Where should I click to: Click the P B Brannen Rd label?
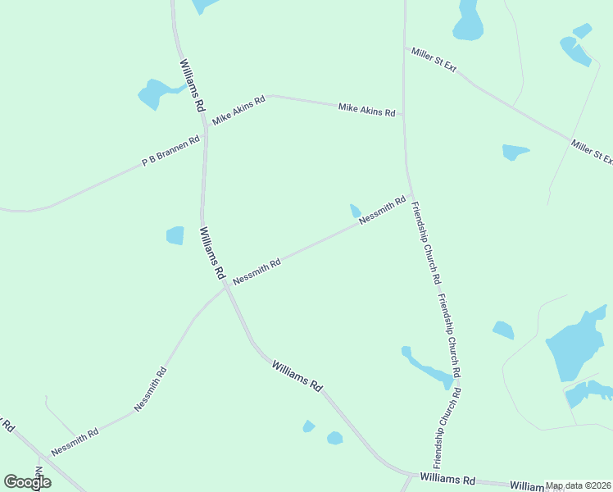pyautogui.click(x=171, y=152)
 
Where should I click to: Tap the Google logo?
pyautogui.click(x=27, y=482)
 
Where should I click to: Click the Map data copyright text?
pyautogui.click(x=579, y=485)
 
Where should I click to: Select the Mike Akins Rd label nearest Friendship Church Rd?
pyautogui.click(x=367, y=108)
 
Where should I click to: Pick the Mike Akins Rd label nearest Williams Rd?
pyautogui.click(x=238, y=111)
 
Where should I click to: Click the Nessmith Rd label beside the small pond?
pyautogui.click(x=383, y=210)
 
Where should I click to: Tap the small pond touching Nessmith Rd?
pyautogui.click(x=356, y=211)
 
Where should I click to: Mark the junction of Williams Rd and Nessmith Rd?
pyautogui.click(x=224, y=286)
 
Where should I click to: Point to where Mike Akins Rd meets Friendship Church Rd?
pyautogui.click(x=404, y=116)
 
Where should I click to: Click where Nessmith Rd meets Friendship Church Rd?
pyautogui.click(x=409, y=194)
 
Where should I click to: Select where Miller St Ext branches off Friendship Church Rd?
pyautogui.click(x=404, y=48)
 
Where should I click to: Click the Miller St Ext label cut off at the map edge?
pyautogui.click(x=593, y=153)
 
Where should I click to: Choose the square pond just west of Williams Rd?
pyautogui.click(x=175, y=235)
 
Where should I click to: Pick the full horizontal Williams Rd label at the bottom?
pyautogui.click(x=447, y=478)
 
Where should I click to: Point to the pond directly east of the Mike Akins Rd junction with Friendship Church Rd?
pyautogui.click(x=515, y=152)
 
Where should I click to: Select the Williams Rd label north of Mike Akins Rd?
pyautogui.click(x=191, y=85)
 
